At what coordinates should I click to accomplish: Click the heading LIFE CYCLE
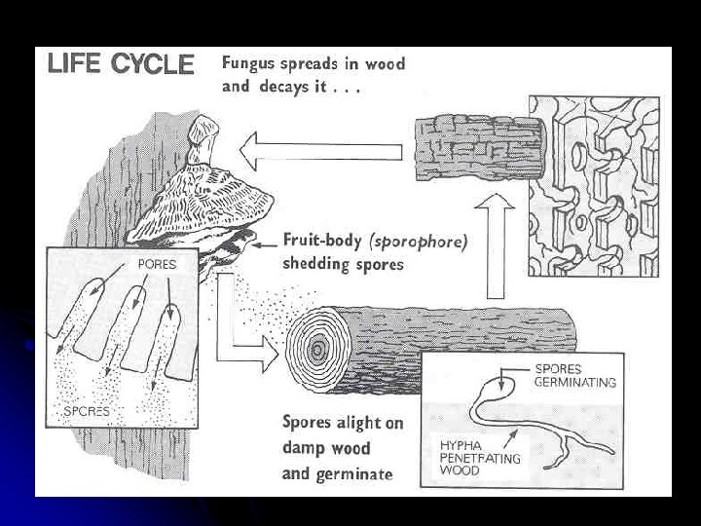120,65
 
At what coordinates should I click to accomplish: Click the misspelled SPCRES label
86,411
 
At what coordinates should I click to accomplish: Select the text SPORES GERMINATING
574,376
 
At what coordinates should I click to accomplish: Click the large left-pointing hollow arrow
321,151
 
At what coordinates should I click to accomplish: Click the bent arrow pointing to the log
243,331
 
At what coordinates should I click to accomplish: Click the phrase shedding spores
343,265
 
